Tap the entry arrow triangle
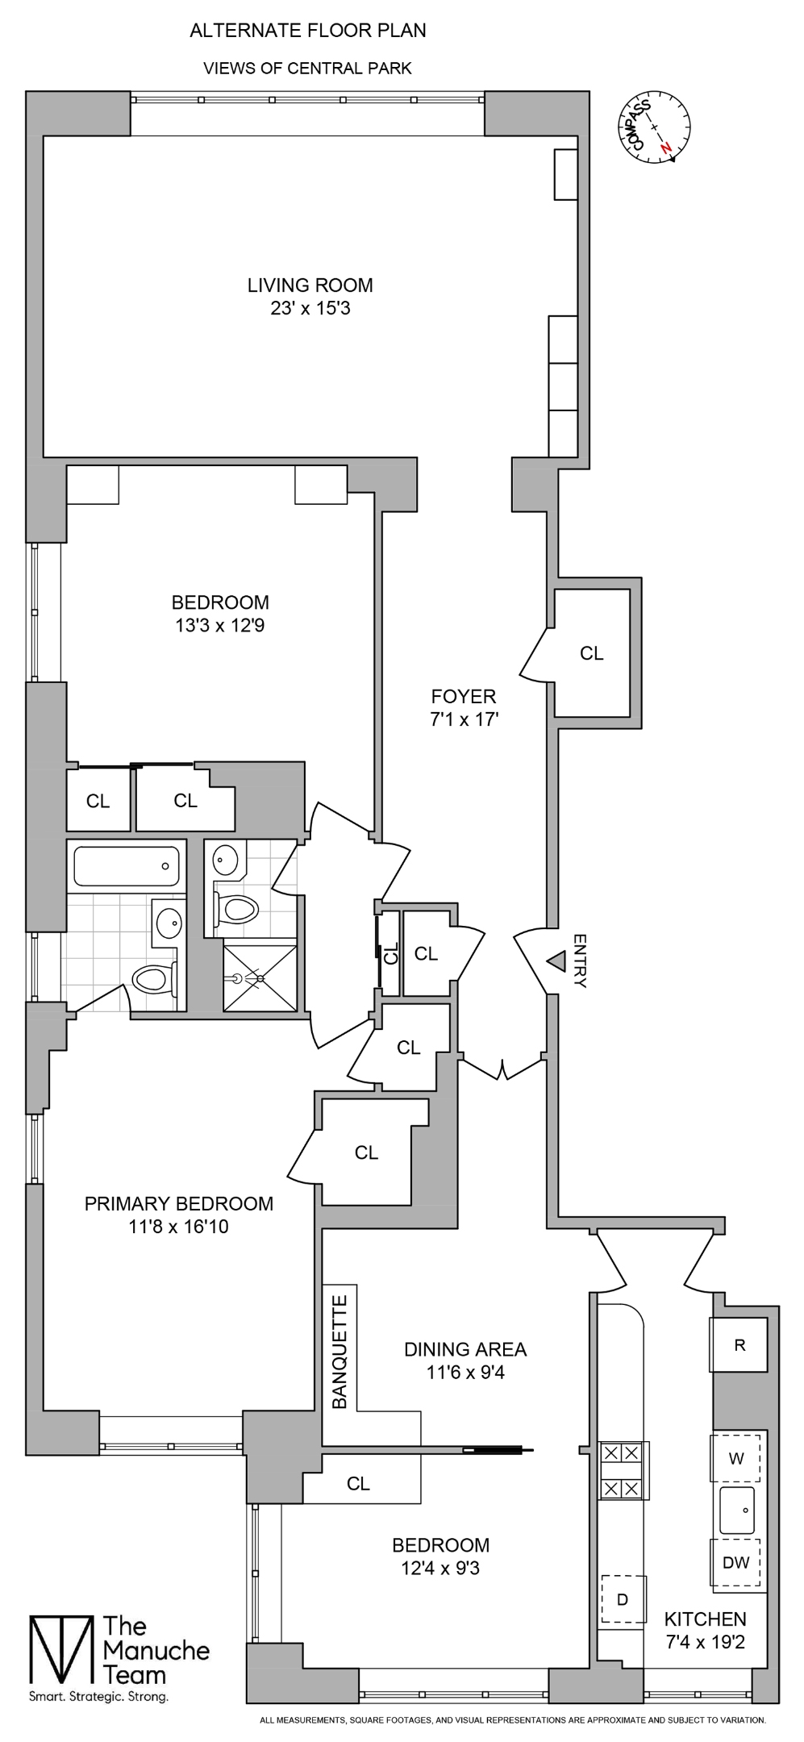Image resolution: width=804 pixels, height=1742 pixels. [x=556, y=961]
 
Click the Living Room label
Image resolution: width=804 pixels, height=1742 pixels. [x=310, y=285]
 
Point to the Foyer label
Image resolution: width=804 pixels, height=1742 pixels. [x=463, y=696]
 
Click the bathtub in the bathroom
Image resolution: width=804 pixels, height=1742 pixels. [x=126, y=866]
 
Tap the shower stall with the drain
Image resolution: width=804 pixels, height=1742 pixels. [x=260, y=977]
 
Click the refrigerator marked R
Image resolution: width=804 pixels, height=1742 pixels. [x=739, y=1344]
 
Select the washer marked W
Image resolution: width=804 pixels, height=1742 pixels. [x=736, y=1458]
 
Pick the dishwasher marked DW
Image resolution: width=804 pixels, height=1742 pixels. [x=736, y=1562]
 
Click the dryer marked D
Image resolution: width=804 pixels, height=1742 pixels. [x=622, y=1599]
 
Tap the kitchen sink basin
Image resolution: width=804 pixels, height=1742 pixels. [x=737, y=1511]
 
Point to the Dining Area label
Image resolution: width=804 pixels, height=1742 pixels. [x=464, y=1348]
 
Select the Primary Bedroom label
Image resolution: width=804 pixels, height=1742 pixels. [x=179, y=1203]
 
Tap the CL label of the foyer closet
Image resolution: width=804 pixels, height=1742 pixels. [x=591, y=653]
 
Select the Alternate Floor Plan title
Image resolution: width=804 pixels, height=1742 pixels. [x=307, y=31]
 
